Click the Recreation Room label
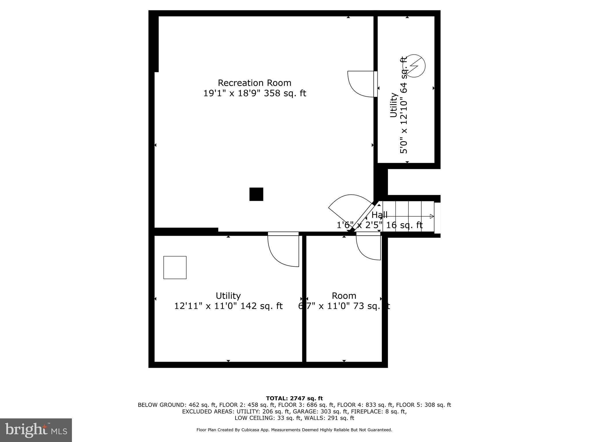pos(255,83)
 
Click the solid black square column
pos(256,194)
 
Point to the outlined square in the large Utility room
pos(175,268)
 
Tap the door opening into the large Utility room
pos(284,249)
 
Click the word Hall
pos(379,215)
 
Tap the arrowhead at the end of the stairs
pos(432,216)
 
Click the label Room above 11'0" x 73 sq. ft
pos(344,296)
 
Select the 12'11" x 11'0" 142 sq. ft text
pos(228,306)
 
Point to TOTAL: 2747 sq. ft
pos(294,399)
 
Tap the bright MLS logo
pos(36,430)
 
